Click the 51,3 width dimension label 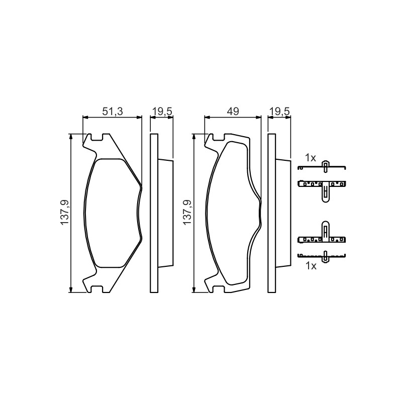pos(113,112)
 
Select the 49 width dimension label pos(233,112)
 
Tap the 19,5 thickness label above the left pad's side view pos(162,112)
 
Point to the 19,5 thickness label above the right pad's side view pos(280,112)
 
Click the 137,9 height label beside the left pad pos(65,213)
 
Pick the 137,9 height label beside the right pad pos(187,213)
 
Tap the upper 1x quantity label pos(310,158)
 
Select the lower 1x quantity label pos(311,266)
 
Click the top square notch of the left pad pos(97,137)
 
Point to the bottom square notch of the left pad pos(97,289)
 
